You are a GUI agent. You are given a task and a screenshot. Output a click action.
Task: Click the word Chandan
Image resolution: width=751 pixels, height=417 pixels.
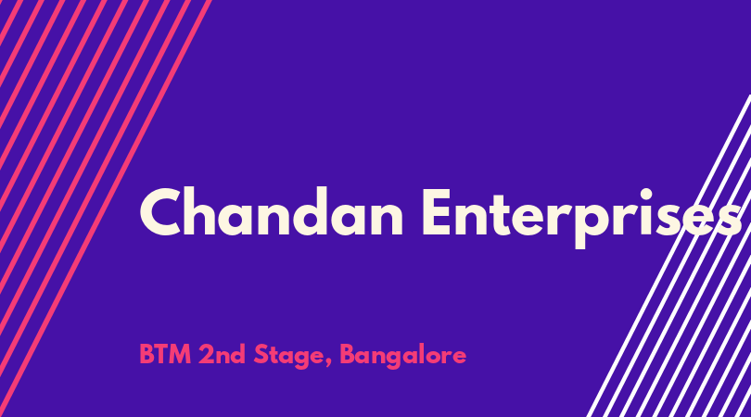[x=272, y=212]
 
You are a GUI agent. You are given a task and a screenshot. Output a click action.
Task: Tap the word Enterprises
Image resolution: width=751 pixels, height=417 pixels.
[x=581, y=218]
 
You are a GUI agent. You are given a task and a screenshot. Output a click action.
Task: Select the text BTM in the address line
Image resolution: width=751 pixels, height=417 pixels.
[x=165, y=355]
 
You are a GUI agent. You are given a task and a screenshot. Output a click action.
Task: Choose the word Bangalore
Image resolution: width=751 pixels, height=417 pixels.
[x=402, y=357]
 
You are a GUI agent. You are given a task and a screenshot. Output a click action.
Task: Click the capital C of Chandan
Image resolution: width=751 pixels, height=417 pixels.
[x=159, y=212]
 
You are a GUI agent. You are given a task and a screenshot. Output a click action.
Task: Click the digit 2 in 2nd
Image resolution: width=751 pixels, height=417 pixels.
[x=206, y=355]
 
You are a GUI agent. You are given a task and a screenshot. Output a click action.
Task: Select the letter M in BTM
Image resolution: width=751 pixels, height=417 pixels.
[x=181, y=355]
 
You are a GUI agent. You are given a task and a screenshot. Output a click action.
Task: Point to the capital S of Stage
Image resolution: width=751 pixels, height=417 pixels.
[x=261, y=355]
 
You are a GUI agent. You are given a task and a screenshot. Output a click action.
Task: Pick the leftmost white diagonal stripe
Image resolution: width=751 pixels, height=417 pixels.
[x=668, y=256]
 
